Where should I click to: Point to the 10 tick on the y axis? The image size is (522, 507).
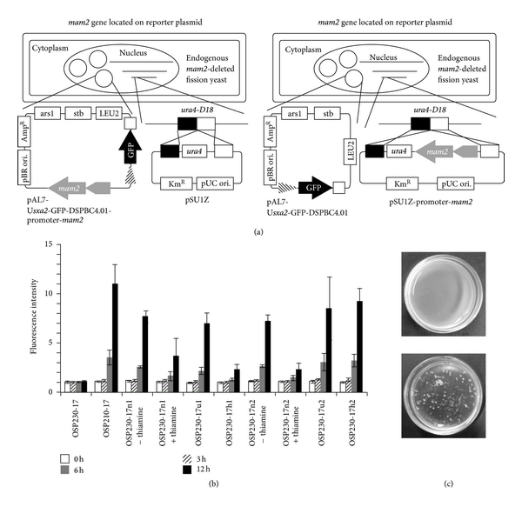coord(50,293)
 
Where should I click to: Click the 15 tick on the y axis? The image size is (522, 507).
coord(50,243)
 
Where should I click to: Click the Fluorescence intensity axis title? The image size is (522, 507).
coord(33,317)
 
